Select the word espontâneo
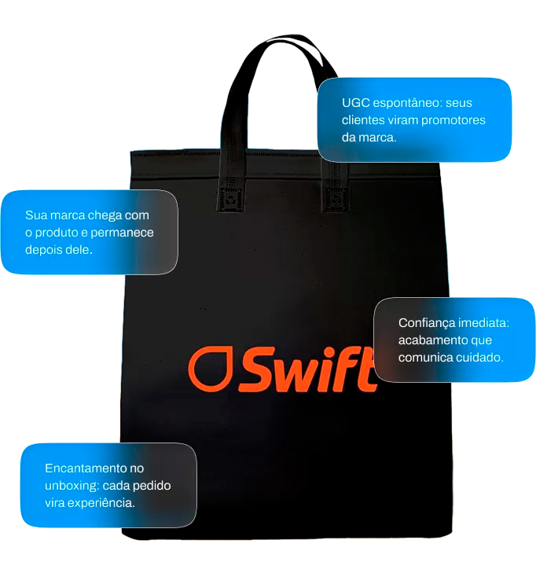[408, 104]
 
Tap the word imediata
[484, 323]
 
